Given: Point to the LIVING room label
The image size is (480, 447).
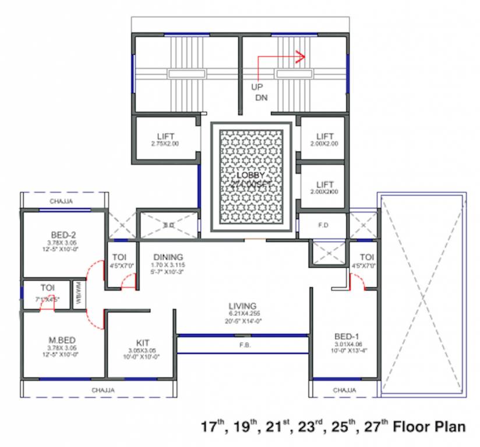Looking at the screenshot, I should pyautogui.click(x=242, y=306).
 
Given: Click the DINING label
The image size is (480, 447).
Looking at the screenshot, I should pyautogui.click(x=168, y=257).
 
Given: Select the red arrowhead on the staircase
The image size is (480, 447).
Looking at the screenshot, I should pyautogui.click(x=301, y=57).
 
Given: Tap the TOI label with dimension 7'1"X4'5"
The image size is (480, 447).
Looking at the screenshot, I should pyautogui.click(x=47, y=288).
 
